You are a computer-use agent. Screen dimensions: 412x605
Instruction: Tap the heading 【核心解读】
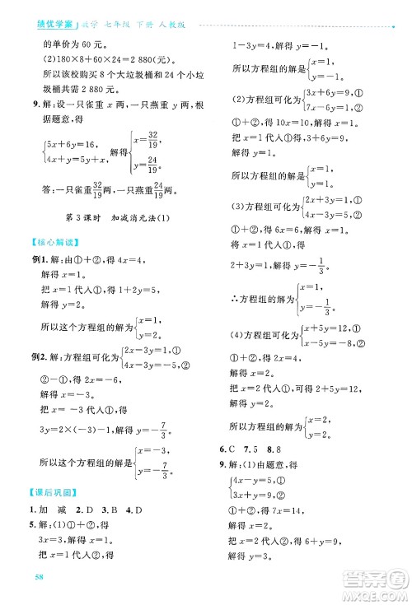(x=54, y=242)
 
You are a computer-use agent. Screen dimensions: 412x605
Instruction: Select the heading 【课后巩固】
(x=54, y=493)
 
